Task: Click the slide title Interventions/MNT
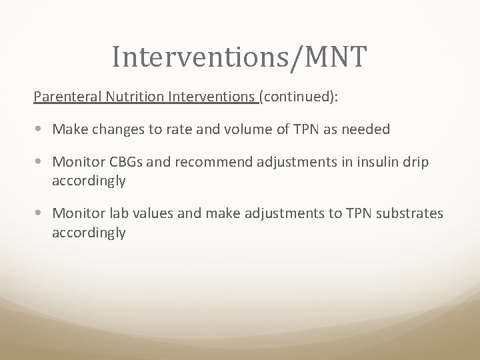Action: pyautogui.click(x=239, y=57)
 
